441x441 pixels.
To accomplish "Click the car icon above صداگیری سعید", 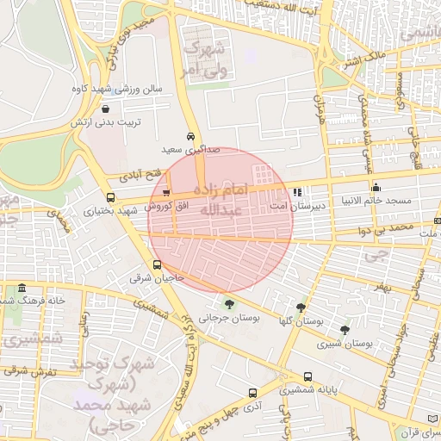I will coord(190,137).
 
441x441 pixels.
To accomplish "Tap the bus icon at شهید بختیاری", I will coord(110,197).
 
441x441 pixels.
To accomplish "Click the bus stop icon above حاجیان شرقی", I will coord(157,265).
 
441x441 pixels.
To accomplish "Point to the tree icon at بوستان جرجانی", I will coord(229,303).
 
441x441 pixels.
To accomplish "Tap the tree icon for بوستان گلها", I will coord(301,307).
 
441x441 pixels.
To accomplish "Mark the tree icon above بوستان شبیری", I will coord(345,329).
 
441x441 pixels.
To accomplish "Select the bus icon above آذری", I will coord(252,392).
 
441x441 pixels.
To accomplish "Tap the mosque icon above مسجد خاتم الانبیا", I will coord(376,188).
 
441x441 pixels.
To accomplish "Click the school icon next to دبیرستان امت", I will coord(298,193).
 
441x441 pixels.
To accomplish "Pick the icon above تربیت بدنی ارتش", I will coord(105,109).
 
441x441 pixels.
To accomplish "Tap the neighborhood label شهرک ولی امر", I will coord(203,56).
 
